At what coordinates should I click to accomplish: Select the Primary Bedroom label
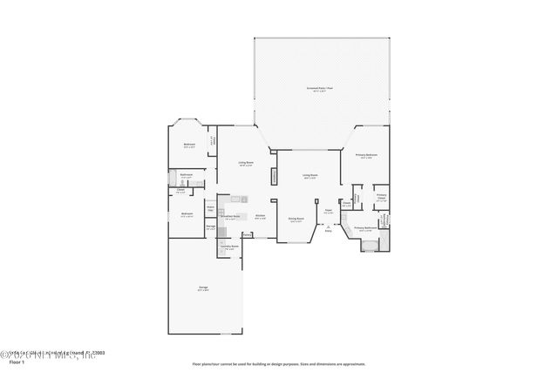point(366,155)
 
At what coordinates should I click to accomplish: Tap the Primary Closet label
point(381,197)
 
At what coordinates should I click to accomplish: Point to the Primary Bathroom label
point(364,227)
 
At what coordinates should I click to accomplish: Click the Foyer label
point(329,211)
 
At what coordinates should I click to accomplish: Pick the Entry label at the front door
point(328,231)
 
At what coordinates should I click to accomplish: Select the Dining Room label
point(296,220)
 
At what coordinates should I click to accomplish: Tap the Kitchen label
point(260,217)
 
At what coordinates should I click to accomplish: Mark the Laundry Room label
point(229,247)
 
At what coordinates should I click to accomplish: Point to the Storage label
point(210,227)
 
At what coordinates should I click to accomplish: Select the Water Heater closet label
point(210,209)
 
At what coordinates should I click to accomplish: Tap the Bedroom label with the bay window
point(189,145)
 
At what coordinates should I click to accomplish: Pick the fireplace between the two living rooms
point(275,177)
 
